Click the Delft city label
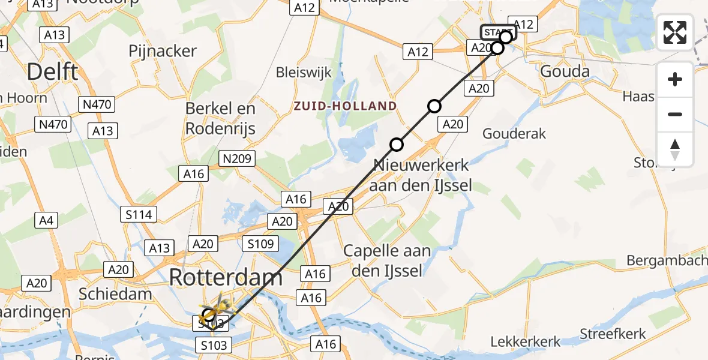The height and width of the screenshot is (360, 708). (x=53, y=72)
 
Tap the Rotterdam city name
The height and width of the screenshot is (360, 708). (x=226, y=277)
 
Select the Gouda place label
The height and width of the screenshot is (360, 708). (x=565, y=71)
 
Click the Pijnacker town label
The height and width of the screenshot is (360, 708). (x=163, y=51)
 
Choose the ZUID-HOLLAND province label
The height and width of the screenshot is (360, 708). (x=345, y=106)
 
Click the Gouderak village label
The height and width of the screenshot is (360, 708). (x=514, y=133)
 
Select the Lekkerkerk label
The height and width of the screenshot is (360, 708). (x=526, y=341)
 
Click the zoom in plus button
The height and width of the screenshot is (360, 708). (x=675, y=79)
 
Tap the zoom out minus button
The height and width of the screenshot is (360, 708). (x=675, y=114)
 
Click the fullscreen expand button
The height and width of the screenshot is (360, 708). (x=675, y=32)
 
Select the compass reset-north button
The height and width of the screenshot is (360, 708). (x=675, y=149)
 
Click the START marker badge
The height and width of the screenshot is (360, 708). (x=497, y=32)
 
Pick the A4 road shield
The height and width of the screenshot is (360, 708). (x=46, y=220)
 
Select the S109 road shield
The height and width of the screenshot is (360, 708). (x=260, y=244)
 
